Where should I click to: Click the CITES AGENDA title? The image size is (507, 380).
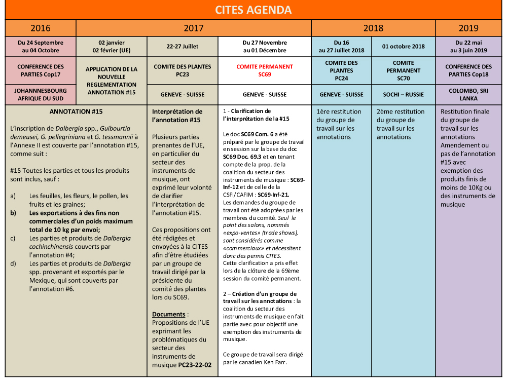click(x=253, y=10)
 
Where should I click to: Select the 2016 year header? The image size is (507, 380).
click(x=41, y=28)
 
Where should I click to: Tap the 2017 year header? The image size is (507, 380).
click(x=194, y=28)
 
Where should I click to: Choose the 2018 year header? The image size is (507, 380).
click(x=373, y=28)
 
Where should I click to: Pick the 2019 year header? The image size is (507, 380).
click(x=471, y=28)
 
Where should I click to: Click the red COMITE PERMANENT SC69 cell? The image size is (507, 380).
click(x=265, y=70)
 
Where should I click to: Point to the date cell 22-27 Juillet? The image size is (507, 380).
click(x=183, y=47)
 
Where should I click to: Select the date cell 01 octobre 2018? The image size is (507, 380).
click(x=404, y=47)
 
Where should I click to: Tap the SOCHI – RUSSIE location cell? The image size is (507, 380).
click(x=404, y=95)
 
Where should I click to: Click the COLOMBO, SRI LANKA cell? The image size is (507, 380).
click(x=471, y=95)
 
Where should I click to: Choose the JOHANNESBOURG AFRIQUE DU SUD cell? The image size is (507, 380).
click(x=41, y=95)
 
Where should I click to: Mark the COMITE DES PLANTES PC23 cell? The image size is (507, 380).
click(x=183, y=70)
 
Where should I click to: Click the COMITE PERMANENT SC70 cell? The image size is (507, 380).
click(x=404, y=70)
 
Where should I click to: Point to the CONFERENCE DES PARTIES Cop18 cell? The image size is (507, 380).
click(x=471, y=70)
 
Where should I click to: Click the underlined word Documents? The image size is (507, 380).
click(x=166, y=314)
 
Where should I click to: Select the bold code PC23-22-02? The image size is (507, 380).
click(x=195, y=365)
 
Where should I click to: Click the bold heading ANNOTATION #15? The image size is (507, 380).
click(x=76, y=111)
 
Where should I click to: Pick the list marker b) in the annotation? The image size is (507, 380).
click(x=13, y=213)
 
